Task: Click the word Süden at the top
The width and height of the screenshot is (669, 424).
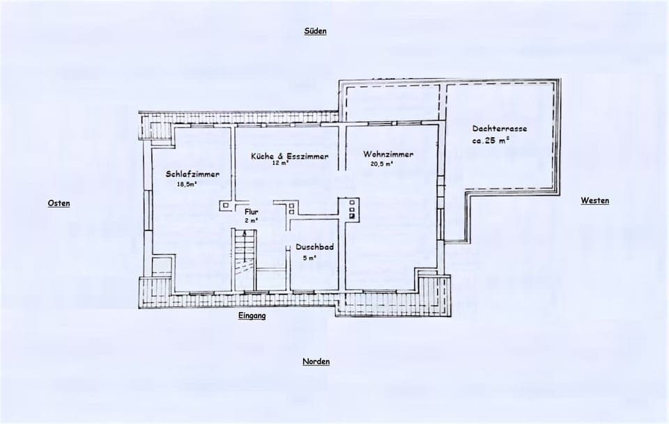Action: click(315, 31)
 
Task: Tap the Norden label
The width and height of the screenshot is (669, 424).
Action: click(316, 361)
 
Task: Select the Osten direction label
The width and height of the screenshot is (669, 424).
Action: click(59, 203)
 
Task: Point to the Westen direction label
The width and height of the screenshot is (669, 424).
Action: click(594, 201)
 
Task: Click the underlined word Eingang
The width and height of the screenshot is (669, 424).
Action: click(252, 315)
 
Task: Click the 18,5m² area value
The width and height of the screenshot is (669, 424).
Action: click(187, 184)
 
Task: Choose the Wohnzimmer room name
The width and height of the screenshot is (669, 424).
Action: click(388, 155)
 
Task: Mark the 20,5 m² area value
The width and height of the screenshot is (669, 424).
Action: click(382, 164)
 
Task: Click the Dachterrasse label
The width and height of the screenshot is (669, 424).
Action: click(499, 129)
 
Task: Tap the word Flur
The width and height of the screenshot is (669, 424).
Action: click(251, 212)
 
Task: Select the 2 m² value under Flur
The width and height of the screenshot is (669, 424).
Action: click(251, 220)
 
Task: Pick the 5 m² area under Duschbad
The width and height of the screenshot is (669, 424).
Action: click(309, 258)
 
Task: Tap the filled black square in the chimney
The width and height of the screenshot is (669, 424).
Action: click(353, 216)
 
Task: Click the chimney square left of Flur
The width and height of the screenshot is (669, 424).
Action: click(225, 205)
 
